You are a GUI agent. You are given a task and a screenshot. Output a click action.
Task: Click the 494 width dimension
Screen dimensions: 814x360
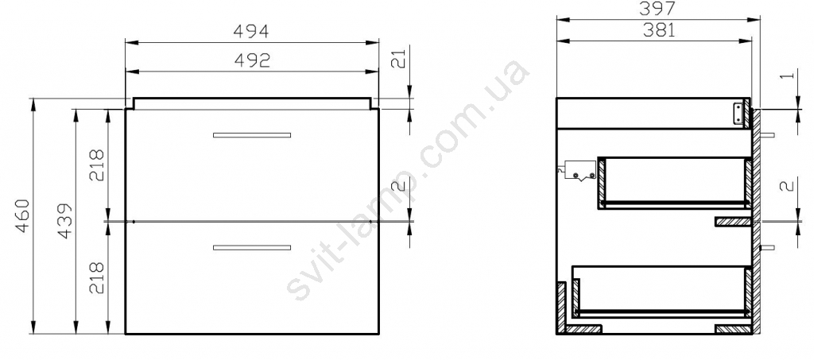click(x=250, y=32)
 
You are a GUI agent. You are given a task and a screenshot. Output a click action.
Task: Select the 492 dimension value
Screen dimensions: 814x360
click(x=252, y=60)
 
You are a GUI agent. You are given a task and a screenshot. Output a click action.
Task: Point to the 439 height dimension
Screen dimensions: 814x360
click(x=64, y=221)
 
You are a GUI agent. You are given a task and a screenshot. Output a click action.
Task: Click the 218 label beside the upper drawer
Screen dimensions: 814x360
click(x=97, y=165)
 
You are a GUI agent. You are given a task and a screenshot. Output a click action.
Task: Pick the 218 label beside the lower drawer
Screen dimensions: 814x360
click(x=97, y=279)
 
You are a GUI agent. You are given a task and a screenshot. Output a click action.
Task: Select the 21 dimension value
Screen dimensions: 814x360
click(x=397, y=60)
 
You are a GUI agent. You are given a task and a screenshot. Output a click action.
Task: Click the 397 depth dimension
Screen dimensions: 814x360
click(x=659, y=8)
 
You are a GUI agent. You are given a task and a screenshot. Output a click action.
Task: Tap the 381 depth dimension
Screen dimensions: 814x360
click(x=659, y=30)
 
